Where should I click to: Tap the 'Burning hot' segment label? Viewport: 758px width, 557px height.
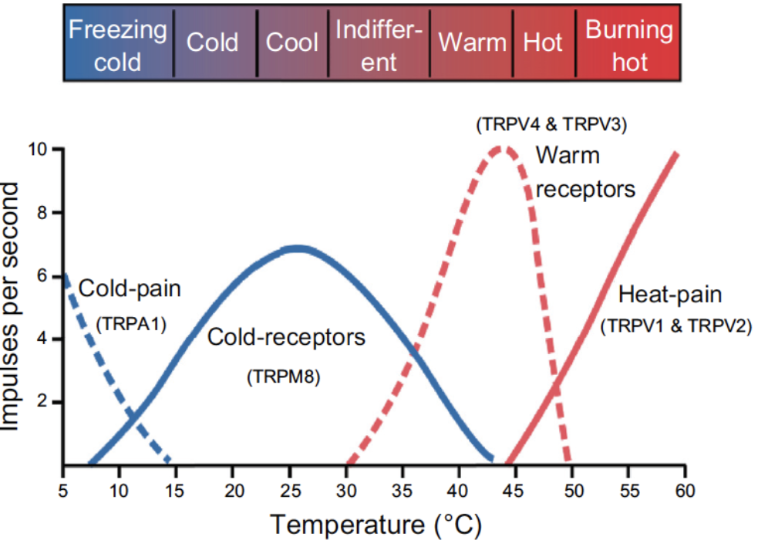(x=629, y=45)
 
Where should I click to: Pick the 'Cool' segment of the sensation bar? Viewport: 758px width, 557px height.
(x=292, y=42)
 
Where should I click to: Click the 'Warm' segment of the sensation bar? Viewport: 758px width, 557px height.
(x=473, y=42)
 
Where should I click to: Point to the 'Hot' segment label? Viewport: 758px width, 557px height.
(x=543, y=42)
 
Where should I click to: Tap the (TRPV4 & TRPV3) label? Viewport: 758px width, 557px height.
(x=551, y=123)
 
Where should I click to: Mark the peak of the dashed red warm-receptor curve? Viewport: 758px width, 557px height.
(x=502, y=147)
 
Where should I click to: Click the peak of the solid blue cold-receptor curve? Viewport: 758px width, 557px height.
(x=297, y=248)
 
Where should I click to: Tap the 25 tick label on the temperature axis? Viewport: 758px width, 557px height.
(x=289, y=491)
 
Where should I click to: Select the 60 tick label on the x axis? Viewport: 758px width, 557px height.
(x=685, y=491)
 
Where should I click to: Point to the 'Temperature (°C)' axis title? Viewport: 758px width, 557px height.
(x=376, y=526)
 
